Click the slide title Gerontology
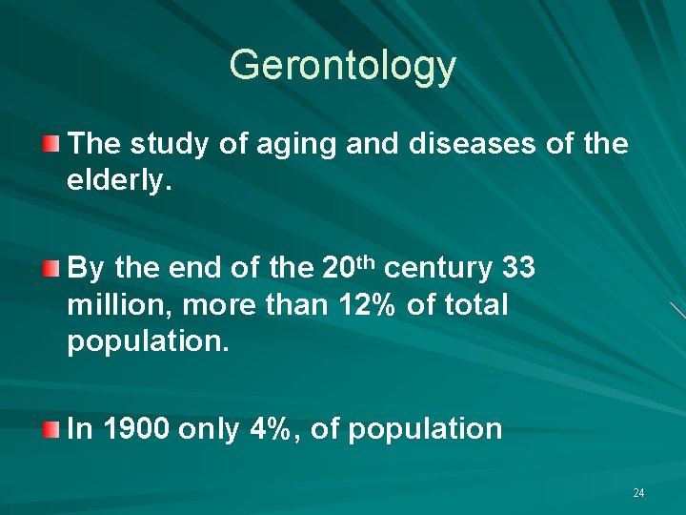[x=343, y=66]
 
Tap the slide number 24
[x=638, y=493]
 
